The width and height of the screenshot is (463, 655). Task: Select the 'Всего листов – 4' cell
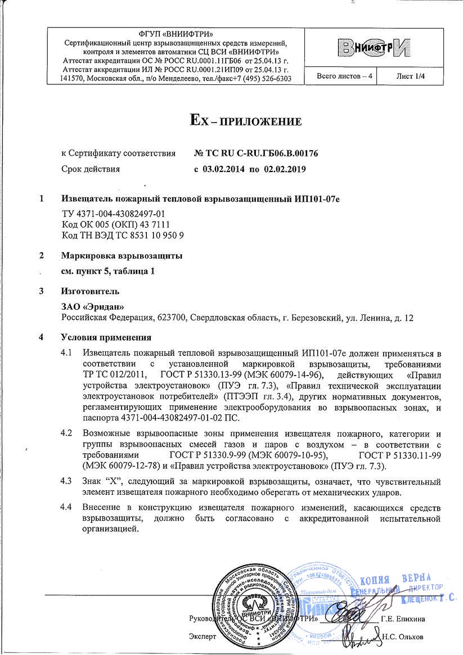[x=337, y=75]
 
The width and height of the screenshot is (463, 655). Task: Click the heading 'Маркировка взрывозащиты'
[x=122, y=256]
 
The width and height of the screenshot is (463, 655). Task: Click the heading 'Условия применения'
[x=106, y=338]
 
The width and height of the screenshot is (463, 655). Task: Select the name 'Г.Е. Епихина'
[x=403, y=619]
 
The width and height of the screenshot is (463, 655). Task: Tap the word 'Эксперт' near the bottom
[x=201, y=637]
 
